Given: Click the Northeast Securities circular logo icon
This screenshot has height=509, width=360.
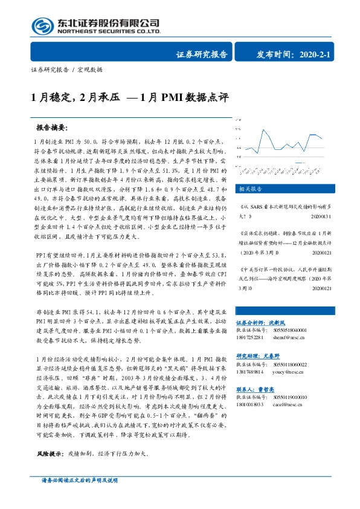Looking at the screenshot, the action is coord(44,26).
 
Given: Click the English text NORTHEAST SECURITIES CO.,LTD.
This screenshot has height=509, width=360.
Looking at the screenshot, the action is coord(109,32).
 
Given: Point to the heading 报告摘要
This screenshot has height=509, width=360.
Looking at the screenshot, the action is coord(53,129).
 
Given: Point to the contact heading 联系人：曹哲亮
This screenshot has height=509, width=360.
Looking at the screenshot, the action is coord(256,390).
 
